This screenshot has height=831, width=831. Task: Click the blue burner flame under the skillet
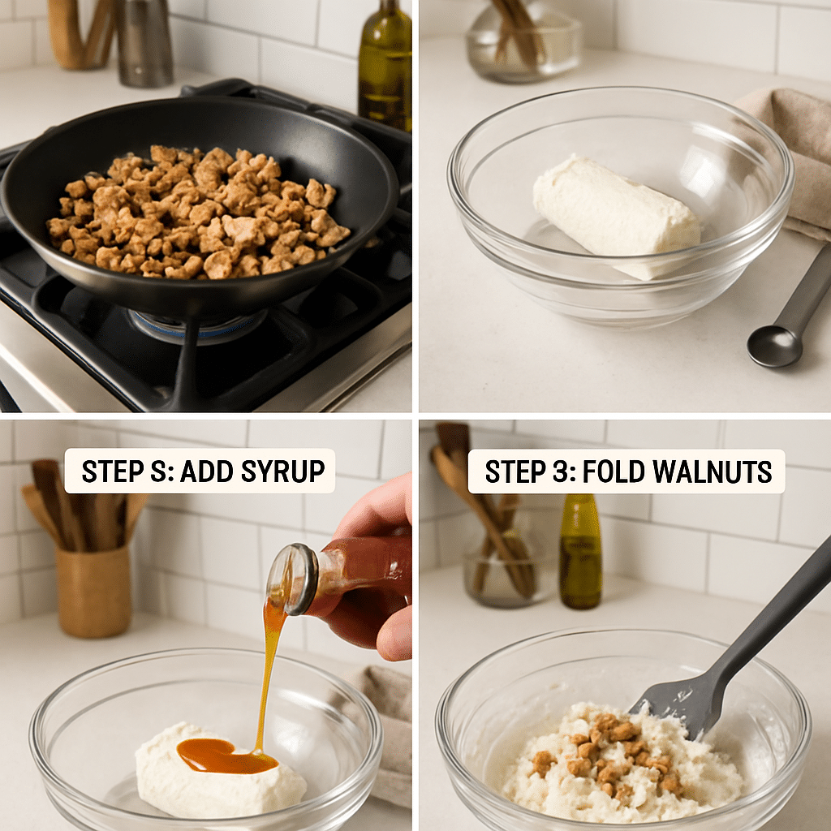pyautogui.click(x=195, y=325)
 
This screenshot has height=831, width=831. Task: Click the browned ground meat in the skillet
pyautogui.click(x=199, y=213)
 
